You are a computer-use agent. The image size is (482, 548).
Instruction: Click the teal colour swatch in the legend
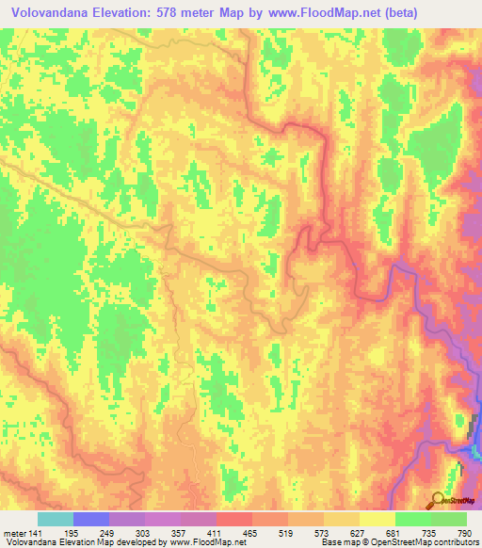(x=56, y=519)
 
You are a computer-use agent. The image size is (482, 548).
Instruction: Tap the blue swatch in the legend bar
(x=91, y=519)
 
